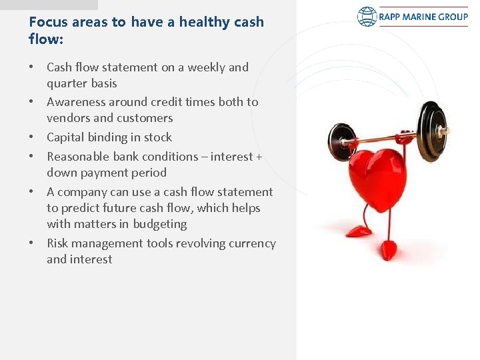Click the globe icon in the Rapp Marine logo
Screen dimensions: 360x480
[x=367, y=17]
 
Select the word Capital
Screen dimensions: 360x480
[x=67, y=137]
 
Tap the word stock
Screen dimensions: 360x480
[x=158, y=137]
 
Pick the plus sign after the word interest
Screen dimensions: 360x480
[x=259, y=157]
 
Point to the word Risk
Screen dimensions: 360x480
[x=57, y=243]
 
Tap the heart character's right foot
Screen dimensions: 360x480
[x=387, y=251]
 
